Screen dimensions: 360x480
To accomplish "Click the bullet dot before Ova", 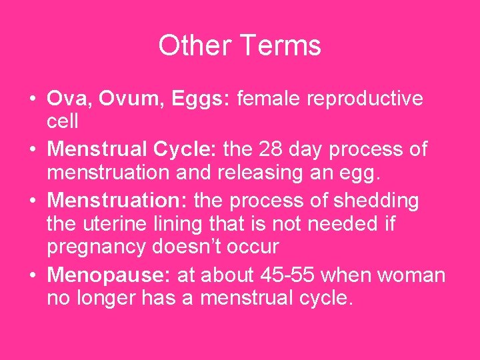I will click(32, 99).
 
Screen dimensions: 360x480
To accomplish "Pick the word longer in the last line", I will click(107, 298).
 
